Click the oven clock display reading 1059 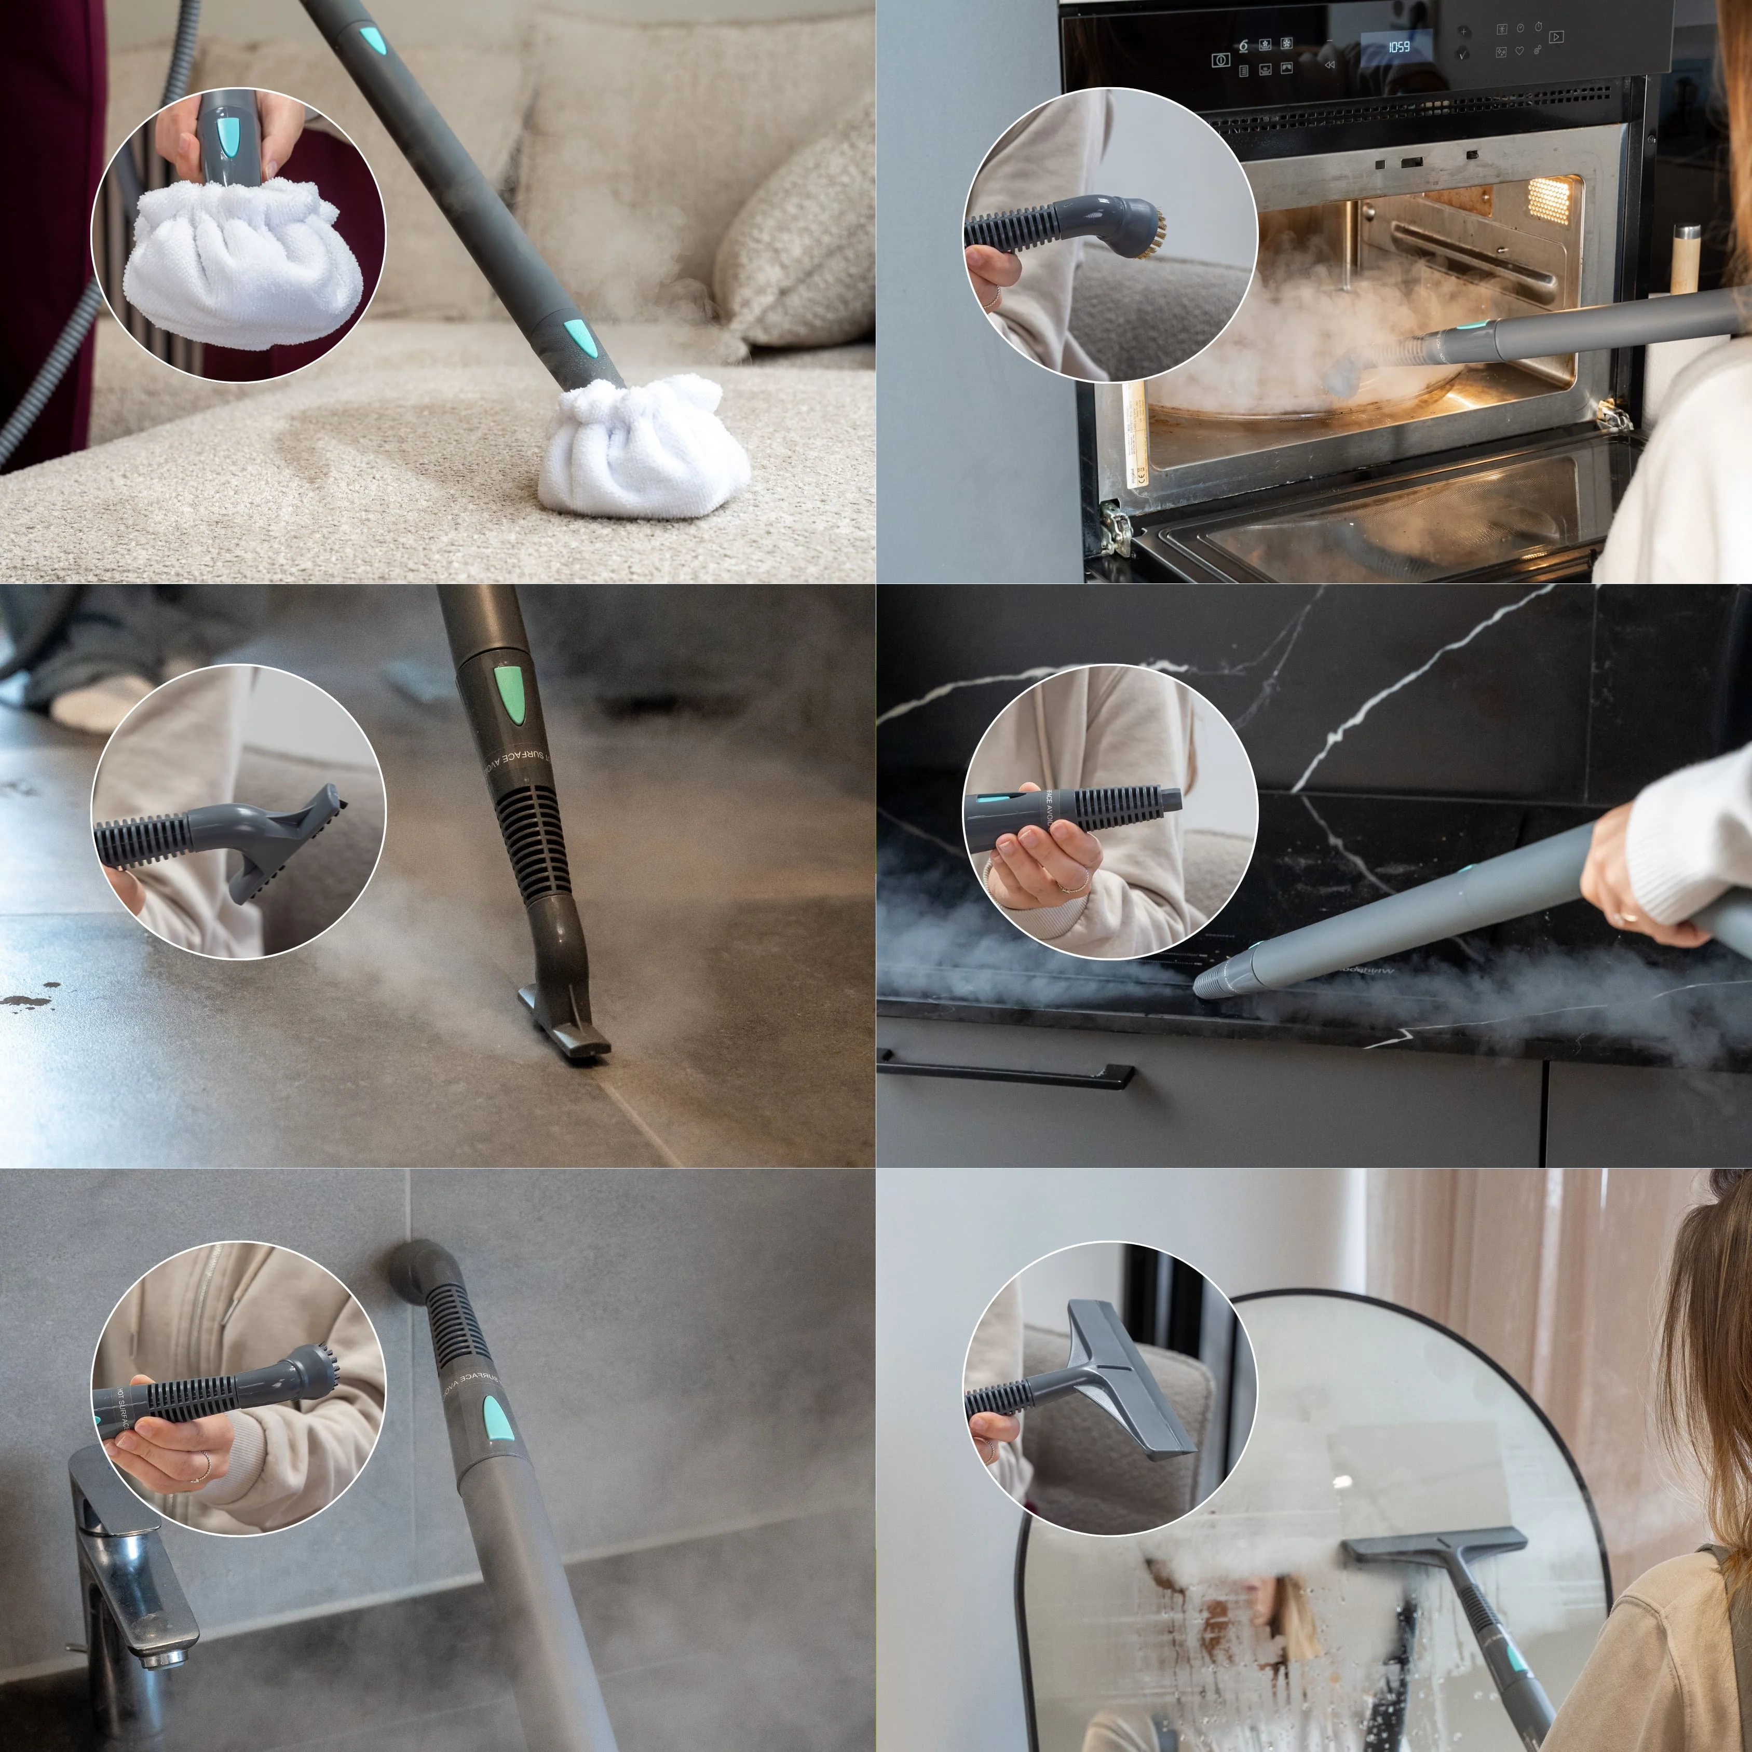[1398, 46]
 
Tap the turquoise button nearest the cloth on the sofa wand [577, 337]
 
